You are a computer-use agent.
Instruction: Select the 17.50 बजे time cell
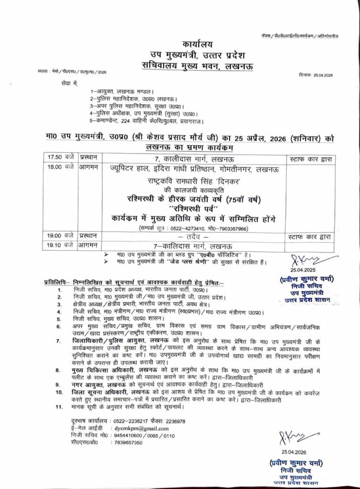pos(55,157)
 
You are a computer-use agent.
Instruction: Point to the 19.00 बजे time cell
pos(55,235)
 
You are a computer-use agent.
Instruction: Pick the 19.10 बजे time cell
pos(55,245)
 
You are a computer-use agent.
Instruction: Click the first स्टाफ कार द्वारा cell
pos(310,157)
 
